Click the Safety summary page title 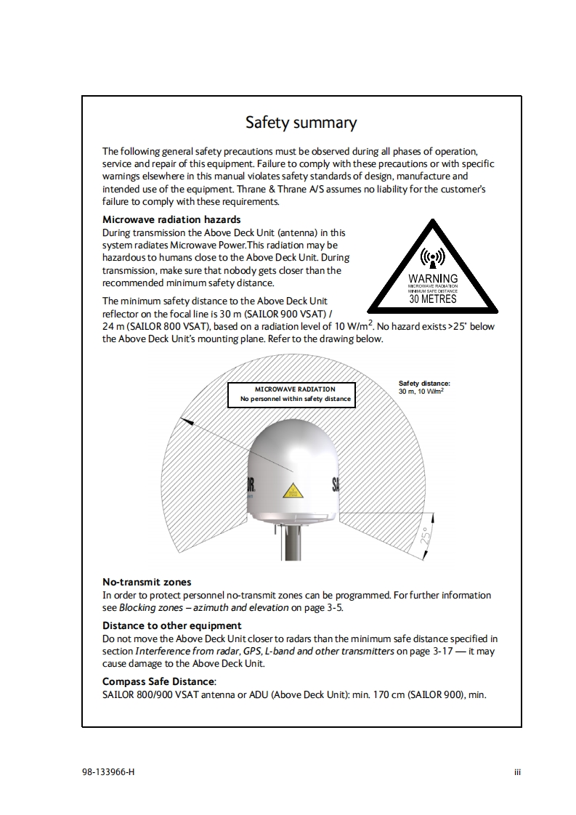(301, 122)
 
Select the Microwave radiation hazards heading (171, 219)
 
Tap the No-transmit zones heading (147, 582)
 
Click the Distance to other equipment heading (171, 625)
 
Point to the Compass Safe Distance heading (159, 681)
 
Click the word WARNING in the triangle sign (433, 278)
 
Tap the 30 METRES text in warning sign (433, 299)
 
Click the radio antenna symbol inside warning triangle (433, 258)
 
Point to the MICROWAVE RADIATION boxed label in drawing (295, 389)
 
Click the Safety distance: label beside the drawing (425, 383)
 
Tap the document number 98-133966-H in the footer (108, 771)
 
